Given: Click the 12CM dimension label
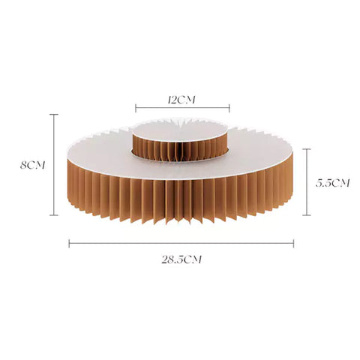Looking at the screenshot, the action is point(181,100).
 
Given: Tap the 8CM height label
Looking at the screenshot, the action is point(33,165).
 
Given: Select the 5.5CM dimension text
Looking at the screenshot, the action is point(332,183).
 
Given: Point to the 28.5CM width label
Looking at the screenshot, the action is point(181,259).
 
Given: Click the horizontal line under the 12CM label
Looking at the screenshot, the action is point(182,108).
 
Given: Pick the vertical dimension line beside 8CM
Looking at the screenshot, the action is point(54,165).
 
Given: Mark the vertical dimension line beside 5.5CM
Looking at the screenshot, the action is point(307,182).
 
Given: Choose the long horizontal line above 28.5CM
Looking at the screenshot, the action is point(181,242).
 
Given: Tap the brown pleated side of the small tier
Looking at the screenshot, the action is point(180,150).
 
